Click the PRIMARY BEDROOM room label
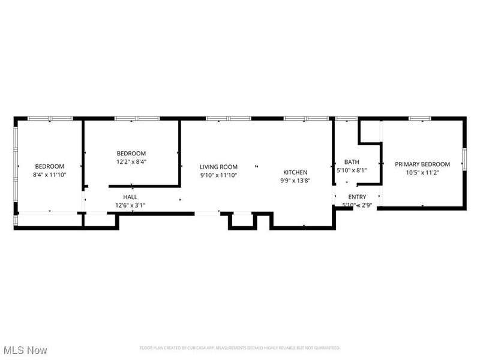(x=422, y=164)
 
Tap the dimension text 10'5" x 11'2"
(x=422, y=172)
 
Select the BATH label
(x=352, y=162)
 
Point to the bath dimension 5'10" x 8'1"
(x=352, y=170)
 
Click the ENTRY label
(x=357, y=197)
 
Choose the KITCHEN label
(x=295, y=172)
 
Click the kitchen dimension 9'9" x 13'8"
(x=295, y=181)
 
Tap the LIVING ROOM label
(x=218, y=167)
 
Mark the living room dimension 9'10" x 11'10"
(x=218, y=175)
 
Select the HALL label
(x=130, y=197)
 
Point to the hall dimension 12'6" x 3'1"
(x=130, y=205)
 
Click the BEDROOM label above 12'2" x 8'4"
(x=131, y=154)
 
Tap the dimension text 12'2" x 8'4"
(x=131, y=162)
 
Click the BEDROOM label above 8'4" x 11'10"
(x=49, y=166)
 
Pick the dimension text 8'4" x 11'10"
(x=49, y=175)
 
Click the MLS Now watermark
(x=25, y=349)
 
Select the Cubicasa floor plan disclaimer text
(x=240, y=348)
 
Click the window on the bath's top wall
(x=346, y=119)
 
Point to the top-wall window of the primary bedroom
(x=420, y=119)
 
